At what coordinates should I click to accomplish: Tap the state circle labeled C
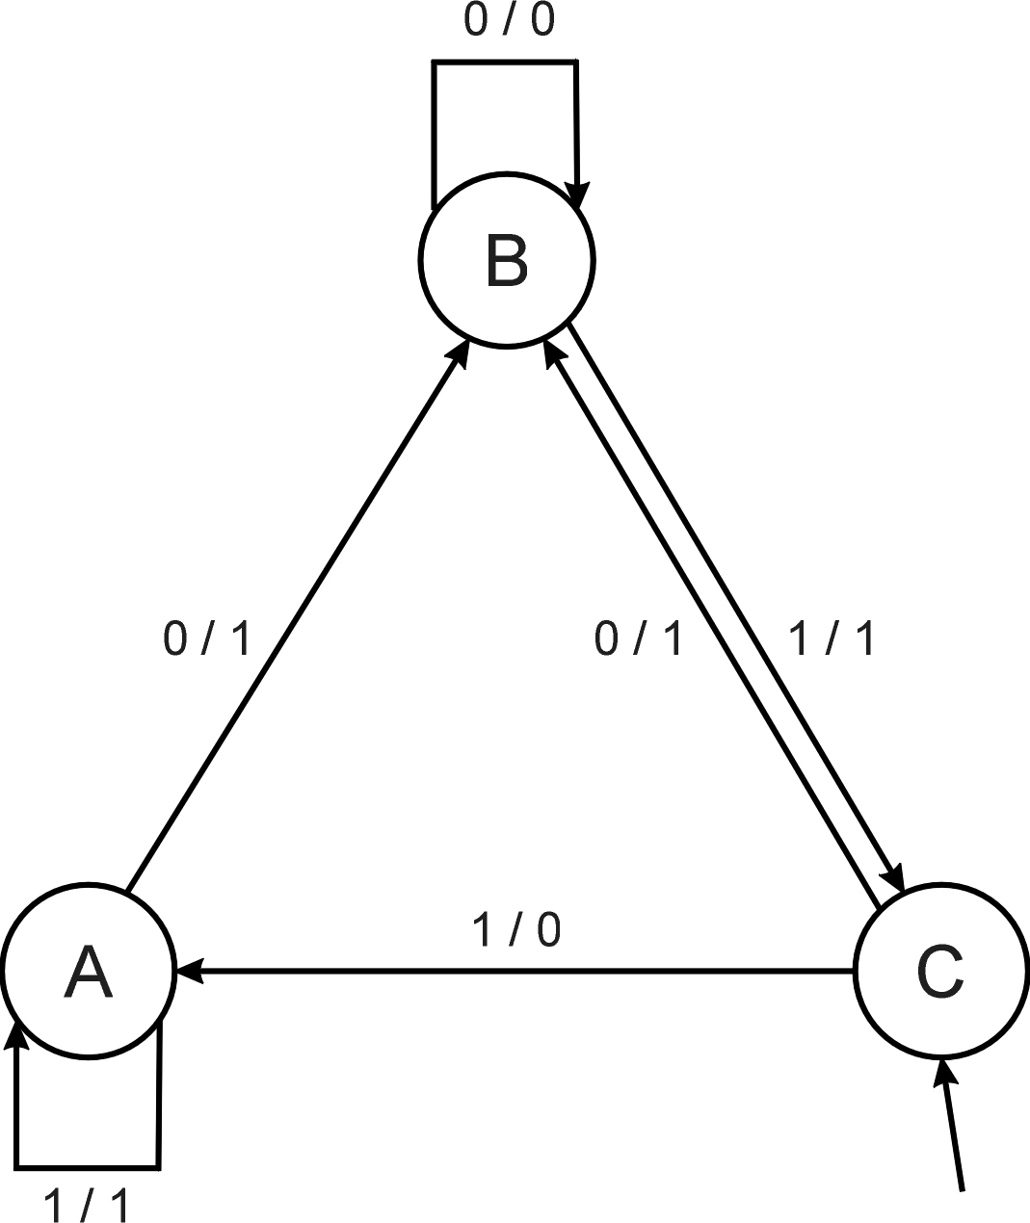(x=940, y=1002)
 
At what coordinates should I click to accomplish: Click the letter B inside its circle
(x=507, y=261)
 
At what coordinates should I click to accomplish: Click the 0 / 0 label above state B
(x=509, y=21)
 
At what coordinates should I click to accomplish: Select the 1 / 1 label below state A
(x=86, y=1205)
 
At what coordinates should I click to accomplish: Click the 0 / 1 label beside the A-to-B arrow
(x=207, y=638)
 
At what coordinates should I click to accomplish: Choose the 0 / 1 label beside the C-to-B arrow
(x=638, y=638)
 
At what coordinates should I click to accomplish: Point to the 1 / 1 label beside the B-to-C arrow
(x=831, y=638)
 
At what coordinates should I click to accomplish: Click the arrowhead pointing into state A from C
(x=190, y=971)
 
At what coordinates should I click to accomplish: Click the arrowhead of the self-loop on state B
(x=577, y=193)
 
